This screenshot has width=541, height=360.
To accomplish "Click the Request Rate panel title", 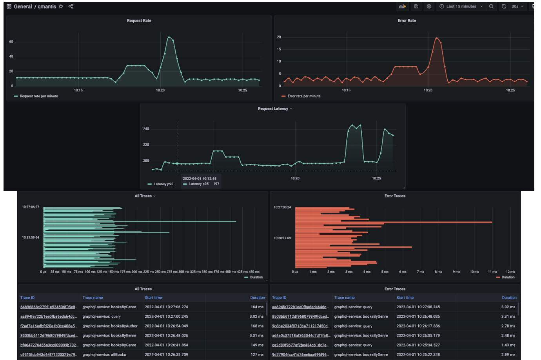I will [139, 21].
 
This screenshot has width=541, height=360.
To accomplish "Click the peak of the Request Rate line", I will [169, 37].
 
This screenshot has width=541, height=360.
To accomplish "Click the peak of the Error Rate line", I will [437, 38].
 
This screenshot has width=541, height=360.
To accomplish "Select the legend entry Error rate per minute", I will [304, 96].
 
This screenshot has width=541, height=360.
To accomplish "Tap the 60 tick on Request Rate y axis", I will [11, 42].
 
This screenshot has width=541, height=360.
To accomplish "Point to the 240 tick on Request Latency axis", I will [146, 129].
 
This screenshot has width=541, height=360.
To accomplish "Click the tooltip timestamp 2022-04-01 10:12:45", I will [200, 179].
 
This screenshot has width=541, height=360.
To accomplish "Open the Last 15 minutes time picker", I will [461, 6].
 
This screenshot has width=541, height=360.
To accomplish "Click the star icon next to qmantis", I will [61, 6].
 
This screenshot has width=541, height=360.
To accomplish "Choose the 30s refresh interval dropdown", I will [517, 6].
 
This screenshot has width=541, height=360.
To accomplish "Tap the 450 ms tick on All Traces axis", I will [254, 272].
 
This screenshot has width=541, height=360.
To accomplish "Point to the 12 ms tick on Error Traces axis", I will [510, 272].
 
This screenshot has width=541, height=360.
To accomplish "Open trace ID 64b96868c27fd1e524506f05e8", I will [49, 307].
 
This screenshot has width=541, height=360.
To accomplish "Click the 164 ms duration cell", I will [257, 307].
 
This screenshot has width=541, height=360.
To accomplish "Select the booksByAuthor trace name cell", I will [110, 326].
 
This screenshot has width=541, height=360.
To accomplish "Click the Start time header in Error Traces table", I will [405, 298].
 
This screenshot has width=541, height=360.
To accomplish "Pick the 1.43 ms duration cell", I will [508, 345].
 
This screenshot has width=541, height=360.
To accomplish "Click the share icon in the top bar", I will [71, 6].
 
